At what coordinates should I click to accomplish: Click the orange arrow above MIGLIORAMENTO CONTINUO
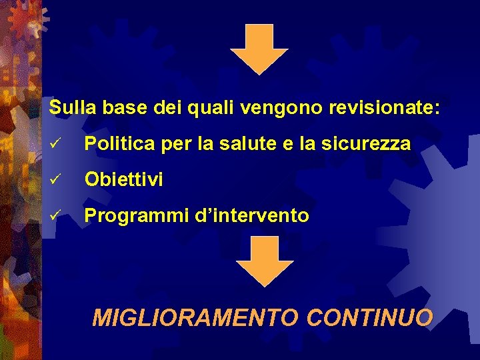click(x=265, y=261)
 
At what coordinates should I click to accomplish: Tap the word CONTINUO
click(x=369, y=318)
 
